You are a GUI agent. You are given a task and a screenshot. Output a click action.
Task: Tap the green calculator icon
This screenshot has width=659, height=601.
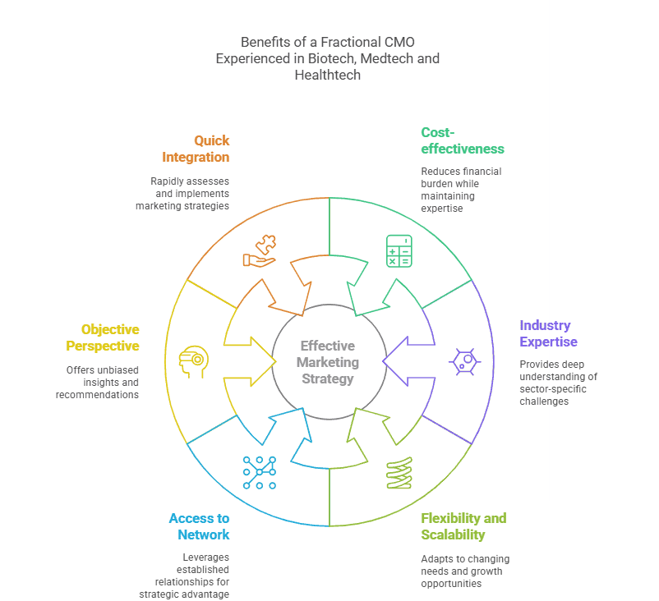pyautogui.click(x=399, y=250)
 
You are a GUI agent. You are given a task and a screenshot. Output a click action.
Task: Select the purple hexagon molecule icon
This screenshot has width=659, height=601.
pyautogui.click(x=465, y=361)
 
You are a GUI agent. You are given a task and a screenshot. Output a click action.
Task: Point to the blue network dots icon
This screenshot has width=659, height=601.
pyautogui.click(x=260, y=472)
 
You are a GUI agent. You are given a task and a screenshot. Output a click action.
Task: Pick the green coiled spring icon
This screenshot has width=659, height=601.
pyautogui.click(x=399, y=473)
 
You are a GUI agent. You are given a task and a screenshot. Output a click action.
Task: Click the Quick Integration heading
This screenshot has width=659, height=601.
pyautogui.click(x=196, y=149)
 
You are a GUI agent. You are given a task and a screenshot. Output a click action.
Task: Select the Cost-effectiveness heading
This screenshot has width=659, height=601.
pyautogui.click(x=462, y=140)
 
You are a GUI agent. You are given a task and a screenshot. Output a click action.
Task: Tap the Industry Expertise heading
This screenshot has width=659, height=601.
pyautogui.click(x=548, y=333)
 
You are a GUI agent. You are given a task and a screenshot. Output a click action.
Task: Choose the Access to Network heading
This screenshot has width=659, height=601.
pyautogui.click(x=200, y=526)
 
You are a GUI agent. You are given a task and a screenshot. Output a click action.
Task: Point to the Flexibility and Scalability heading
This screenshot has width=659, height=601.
pyautogui.click(x=463, y=526)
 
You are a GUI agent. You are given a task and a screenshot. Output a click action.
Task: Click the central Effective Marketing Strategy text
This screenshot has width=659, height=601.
pyautogui.click(x=328, y=362)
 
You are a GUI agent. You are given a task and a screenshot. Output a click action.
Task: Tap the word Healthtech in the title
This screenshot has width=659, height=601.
pyautogui.click(x=328, y=75)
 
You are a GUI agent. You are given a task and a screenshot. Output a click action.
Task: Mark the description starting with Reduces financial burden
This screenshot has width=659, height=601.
pyautogui.click(x=461, y=190)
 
